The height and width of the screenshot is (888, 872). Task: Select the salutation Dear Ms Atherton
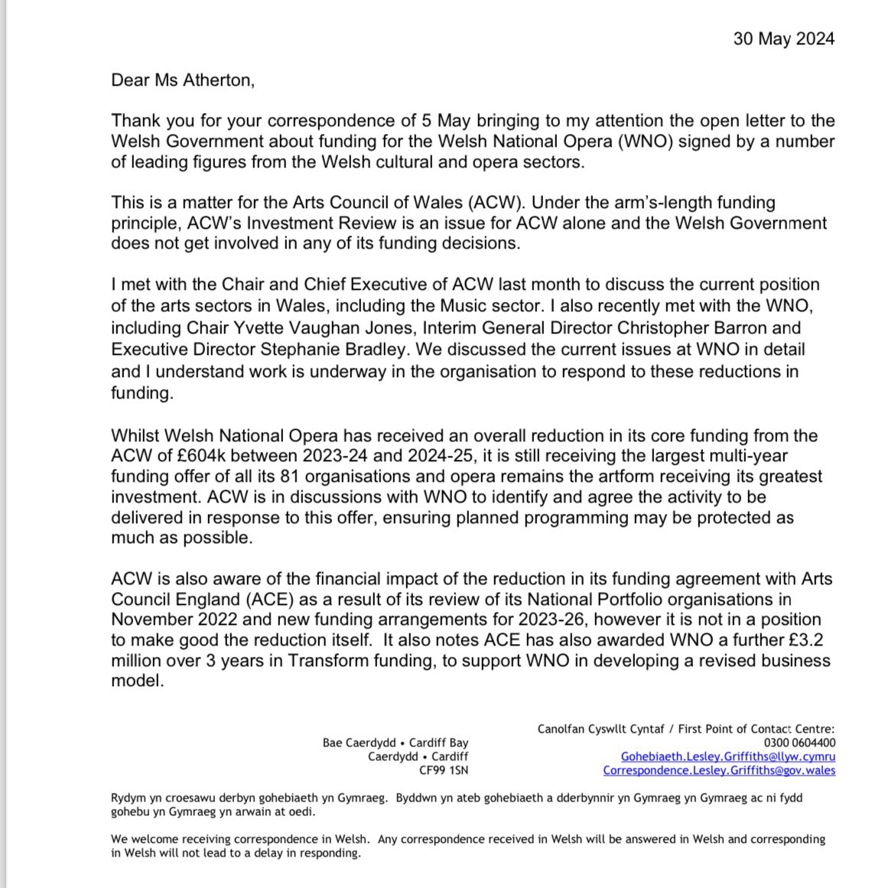click(x=181, y=80)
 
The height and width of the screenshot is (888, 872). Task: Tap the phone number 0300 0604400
click(x=799, y=743)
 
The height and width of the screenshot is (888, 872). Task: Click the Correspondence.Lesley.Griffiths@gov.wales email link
click(x=718, y=770)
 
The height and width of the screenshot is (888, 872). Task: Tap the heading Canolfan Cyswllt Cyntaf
click(x=593, y=729)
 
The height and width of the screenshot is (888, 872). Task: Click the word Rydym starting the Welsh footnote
click(x=130, y=798)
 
